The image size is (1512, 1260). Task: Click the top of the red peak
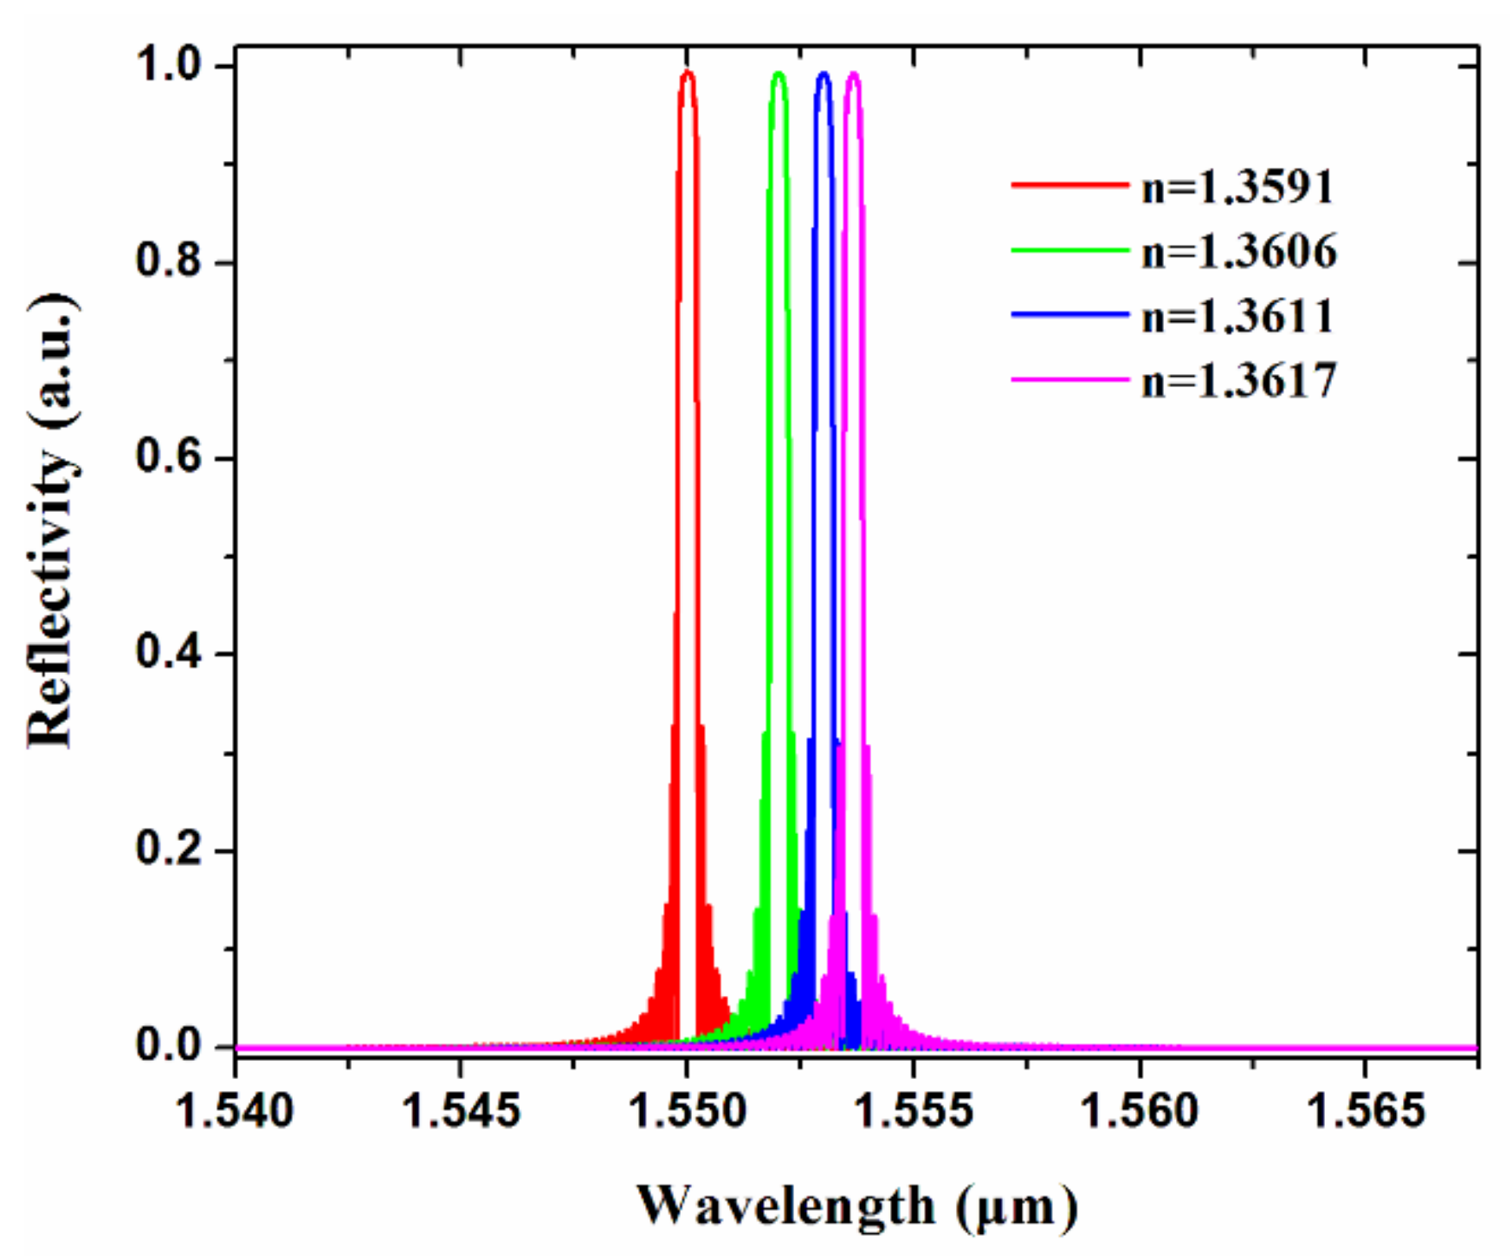pos(688,73)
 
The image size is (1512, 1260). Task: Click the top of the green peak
pos(779,74)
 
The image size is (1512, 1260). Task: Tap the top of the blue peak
pos(824,74)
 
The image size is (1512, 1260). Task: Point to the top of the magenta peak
pos(854,74)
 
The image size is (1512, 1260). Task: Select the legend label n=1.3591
pos(1238,186)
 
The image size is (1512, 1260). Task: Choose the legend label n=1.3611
pos(1238,315)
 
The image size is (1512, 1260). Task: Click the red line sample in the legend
pos(1069,184)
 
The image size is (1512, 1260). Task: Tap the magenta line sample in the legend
pos(1069,379)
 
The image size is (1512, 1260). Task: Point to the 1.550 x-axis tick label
pos(687,1110)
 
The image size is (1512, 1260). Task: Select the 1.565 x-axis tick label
pos(1365,1110)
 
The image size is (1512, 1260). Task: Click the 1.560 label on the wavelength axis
pos(1139,1110)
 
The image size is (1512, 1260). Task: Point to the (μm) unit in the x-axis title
pos(1018,1206)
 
